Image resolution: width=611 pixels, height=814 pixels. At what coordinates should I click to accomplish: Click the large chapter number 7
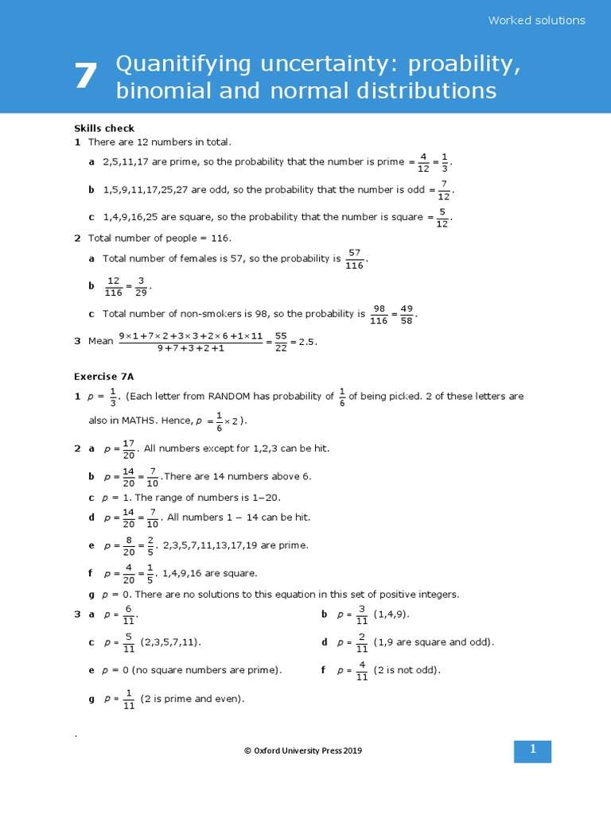coord(85,77)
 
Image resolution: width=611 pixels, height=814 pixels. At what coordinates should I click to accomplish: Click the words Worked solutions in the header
coord(536,21)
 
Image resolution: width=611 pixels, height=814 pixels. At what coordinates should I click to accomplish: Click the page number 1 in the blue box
coord(533,750)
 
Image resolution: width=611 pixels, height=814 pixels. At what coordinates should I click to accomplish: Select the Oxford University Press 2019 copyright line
coord(306,750)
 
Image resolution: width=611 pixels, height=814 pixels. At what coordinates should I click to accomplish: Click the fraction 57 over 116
coord(354,259)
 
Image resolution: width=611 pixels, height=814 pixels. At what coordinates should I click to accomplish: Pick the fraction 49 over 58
coord(406,314)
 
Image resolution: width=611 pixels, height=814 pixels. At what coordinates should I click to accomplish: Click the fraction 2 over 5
coord(150,545)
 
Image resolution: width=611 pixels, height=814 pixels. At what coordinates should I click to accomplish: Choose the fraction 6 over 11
coord(129,615)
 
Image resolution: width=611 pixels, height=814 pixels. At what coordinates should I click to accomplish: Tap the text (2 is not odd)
coord(407,670)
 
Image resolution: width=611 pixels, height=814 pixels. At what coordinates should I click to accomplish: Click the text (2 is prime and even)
coord(193,699)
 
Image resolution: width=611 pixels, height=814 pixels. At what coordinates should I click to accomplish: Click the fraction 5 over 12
coord(443,217)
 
